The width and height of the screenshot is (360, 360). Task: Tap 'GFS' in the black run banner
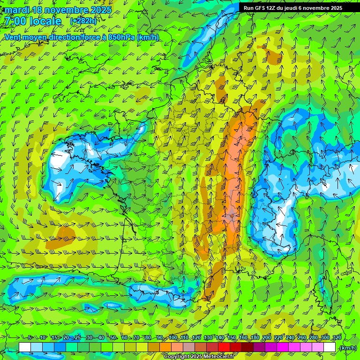[x=261, y=8]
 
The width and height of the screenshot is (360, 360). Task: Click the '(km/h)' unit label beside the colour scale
[x=347, y=347]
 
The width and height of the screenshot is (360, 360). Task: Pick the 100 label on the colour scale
[x=173, y=338]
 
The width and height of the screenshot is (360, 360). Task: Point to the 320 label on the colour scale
[x=337, y=338]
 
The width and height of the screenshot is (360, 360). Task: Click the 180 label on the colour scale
[x=255, y=338]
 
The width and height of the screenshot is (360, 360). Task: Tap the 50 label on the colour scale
[x=113, y=338]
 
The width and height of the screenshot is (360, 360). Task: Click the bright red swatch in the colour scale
[x=224, y=347]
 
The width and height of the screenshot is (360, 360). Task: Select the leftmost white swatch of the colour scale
[x=25, y=347]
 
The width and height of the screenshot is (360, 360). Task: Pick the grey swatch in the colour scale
[x=189, y=347]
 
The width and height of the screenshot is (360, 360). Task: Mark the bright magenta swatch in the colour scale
[x=283, y=347]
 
